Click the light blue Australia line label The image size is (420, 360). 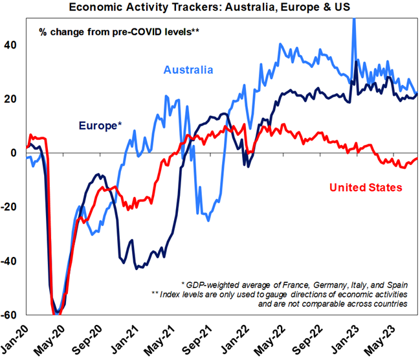(188, 70)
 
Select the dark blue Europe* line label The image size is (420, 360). (100, 125)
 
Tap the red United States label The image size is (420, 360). (366, 188)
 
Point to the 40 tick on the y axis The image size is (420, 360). (13, 45)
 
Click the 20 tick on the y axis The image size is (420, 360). (13, 99)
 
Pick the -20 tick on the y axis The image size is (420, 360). (11, 208)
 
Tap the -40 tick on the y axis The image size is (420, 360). (11, 262)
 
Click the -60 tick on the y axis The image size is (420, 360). (11, 316)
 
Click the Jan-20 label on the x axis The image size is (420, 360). (15, 337)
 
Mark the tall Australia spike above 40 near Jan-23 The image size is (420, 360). (354, 23)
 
